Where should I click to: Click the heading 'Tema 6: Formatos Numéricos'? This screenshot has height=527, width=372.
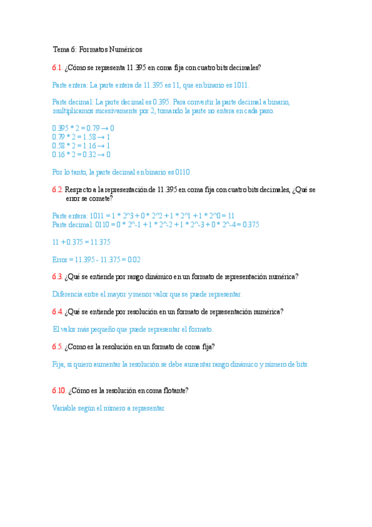coord(98,49)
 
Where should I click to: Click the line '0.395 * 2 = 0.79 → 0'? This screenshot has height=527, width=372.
coord(83,129)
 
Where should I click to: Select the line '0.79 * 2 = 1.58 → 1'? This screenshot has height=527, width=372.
coord(81,137)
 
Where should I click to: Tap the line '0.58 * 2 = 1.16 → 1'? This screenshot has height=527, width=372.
coord(81,146)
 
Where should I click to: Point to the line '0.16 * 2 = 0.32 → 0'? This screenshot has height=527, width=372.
coord(81,155)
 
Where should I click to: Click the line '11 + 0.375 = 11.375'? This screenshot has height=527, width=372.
coord(81,242)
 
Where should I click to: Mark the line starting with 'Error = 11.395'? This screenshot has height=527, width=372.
coord(96,259)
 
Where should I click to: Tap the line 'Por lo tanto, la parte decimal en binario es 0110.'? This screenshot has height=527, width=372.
coord(122,172)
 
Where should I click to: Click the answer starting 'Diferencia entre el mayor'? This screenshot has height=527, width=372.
coord(147,294)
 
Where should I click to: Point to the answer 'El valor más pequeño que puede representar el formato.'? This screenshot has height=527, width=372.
coord(133,329)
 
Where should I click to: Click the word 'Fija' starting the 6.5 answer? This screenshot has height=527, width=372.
coord(58,364)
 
